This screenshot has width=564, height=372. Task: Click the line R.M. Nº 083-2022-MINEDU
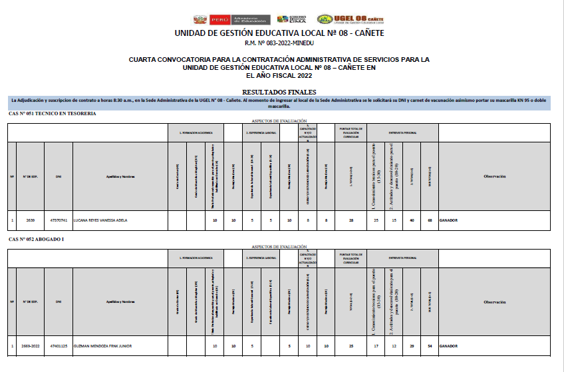click(279, 43)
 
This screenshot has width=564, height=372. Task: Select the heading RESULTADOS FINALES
click(279, 92)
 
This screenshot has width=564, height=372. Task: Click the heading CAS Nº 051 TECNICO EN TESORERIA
click(53, 114)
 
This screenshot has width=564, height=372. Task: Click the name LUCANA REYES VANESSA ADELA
click(100, 220)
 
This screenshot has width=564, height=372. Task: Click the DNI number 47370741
click(59, 220)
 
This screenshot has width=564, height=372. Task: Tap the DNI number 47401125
click(59, 346)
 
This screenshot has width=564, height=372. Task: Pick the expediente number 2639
click(31, 220)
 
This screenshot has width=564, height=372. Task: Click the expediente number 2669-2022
click(31, 346)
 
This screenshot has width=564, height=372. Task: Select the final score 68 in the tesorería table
click(430, 220)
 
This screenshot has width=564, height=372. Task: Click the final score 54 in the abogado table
click(430, 346)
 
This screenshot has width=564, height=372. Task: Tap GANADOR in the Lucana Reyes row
click(449, 220)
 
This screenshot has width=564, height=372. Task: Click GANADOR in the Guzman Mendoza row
click(449, 346)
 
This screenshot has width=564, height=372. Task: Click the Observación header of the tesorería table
click(494, 176)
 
